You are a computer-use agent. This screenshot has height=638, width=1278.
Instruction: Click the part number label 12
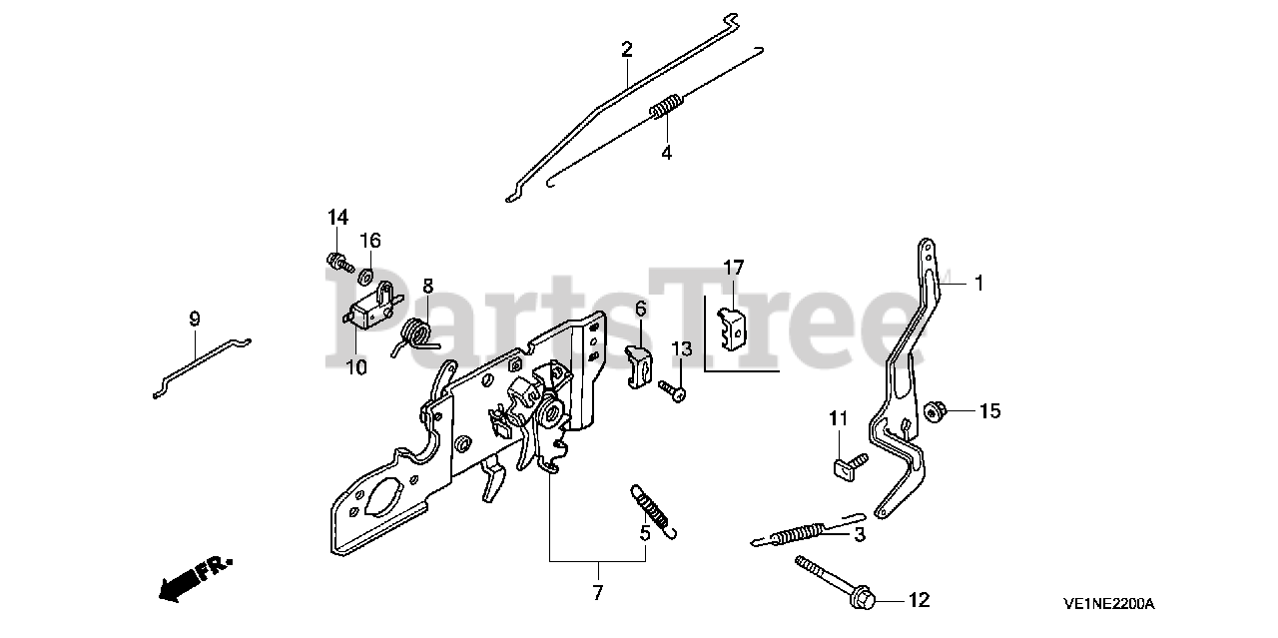pyautogui.click(x=919, y=600)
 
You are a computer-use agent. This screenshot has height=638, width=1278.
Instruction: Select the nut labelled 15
pyautogui.click(x=936, y=410)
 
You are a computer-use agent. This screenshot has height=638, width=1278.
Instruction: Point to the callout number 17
pyautogui.click(x=734, y=268)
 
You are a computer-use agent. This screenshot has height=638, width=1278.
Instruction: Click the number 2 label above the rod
pyautogui.click(x=626, y=49)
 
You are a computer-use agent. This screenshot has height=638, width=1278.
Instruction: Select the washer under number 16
pyautogui.click(x=366, y=274)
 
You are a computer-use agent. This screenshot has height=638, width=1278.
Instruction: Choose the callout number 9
pyautogui.click(x=195, y=319)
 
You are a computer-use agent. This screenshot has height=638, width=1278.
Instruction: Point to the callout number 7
pyautogui.click(x=597, y=593)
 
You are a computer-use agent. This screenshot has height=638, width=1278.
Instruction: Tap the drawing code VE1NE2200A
pyautogui.click(x=1108, y=604)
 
